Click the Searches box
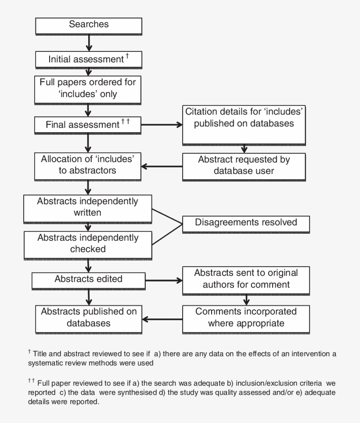coord(88,25)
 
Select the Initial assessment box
coord(88,59)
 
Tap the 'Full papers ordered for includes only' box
coord(88,88)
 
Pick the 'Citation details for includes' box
coord(244,125)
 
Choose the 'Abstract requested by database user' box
coord(244,166)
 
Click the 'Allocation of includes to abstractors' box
coord(88,165)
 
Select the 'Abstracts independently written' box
coord(88,208)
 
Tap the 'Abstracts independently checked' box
coord(88,244)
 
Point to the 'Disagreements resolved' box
coord(246,223)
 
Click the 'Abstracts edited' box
coord(88,280)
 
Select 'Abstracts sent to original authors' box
coord(246,279)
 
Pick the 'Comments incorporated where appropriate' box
coord(246,318)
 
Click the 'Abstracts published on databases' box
coord(88,318)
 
